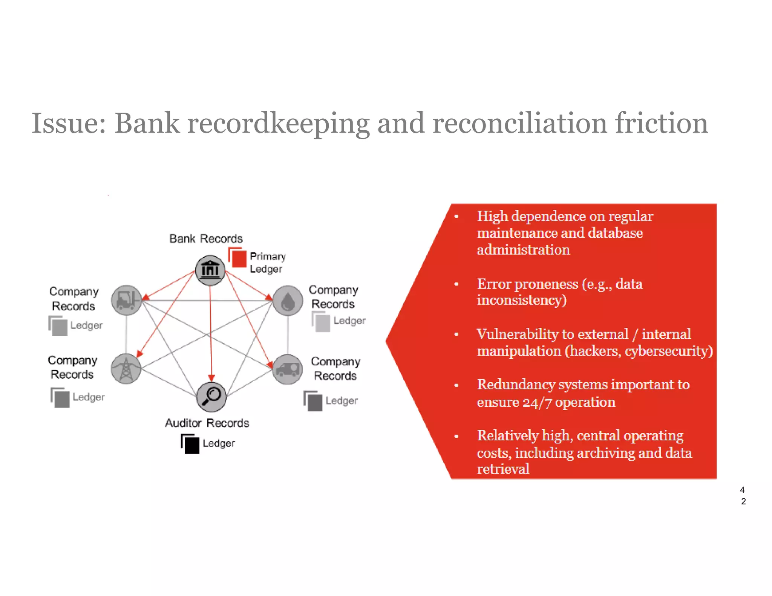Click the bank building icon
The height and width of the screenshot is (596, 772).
[210, 270]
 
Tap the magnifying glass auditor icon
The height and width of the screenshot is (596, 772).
[211, 397]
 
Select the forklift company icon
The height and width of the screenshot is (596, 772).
[127, 300]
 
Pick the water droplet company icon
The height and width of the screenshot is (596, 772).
[288, 301]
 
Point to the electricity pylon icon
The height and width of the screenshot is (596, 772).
[126, 369]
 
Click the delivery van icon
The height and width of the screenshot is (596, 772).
[288, 369]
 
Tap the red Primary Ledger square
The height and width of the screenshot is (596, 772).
[238, 259]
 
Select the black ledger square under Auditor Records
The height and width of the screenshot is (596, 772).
[191, 445]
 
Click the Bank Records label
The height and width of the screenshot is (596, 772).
[206, 238]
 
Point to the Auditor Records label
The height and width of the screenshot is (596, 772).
[207, 423]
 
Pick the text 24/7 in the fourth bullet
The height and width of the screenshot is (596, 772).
[537, 403]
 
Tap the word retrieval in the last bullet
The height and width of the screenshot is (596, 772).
[503, 469]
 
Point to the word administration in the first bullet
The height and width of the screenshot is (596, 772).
[523, 250]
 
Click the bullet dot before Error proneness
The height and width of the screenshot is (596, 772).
[456, 284]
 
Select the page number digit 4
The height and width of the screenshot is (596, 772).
[742, 490]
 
